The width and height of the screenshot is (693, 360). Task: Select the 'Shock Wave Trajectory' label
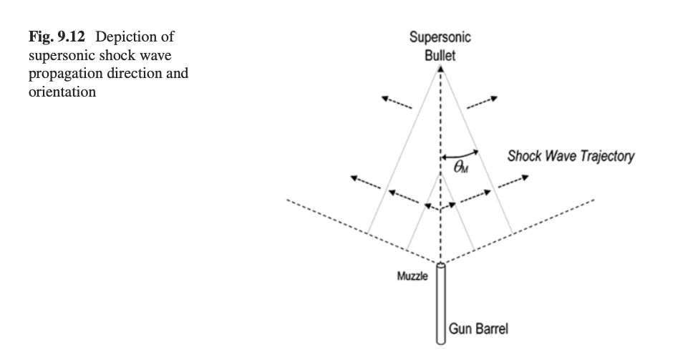(x=570, y=157)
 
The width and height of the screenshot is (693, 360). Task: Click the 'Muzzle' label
(x=412, y=277)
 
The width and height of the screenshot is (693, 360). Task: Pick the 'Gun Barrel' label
(x=478, y=329)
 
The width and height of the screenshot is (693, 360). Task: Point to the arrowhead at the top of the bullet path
(x=441, y=69)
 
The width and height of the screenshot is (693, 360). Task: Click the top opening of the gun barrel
(x=440, y=266)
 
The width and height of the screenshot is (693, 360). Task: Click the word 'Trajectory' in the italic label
(x=605, y=157)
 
